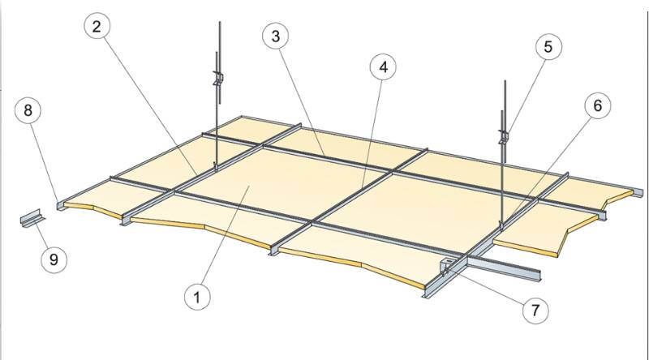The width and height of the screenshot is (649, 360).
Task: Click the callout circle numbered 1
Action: (x=195, y=297)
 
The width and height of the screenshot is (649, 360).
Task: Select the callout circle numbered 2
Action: (x=98, y=27)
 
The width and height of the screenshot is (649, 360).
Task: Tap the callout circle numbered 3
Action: (x=277, y=35)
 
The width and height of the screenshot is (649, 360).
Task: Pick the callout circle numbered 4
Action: (x=382, y=68)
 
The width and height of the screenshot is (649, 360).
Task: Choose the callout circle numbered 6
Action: (x=597, y=107)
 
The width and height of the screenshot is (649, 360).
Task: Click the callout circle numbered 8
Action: (x=28, y=111)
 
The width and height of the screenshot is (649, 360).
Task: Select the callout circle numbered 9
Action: (x=54, y=259)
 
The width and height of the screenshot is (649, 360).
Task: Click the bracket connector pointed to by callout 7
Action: (x=446, y=268)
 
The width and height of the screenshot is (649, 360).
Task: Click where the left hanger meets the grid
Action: (x=217, y=165)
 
